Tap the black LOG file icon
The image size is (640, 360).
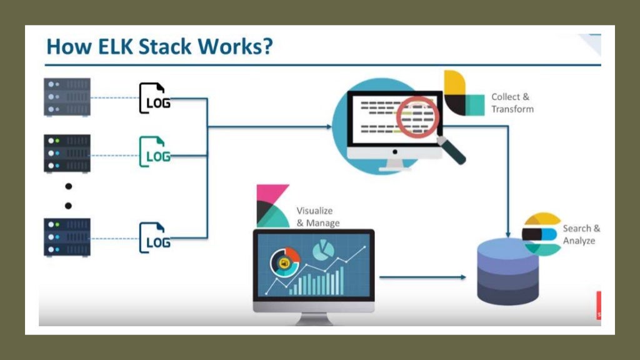coord(153,99)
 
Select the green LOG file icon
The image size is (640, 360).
coord(153,152)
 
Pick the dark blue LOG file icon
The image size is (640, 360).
coord(153,238)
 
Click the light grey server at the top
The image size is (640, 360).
coord(67,97)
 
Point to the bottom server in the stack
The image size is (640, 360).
coord(67,237)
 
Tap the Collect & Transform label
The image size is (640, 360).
coord(512,103)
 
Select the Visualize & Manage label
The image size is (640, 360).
coord(317,217)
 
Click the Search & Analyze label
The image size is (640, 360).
coord(581,234)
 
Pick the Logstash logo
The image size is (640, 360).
coord(462,93)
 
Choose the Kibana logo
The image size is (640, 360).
coord(272,204)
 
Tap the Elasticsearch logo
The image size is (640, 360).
coord(541,234)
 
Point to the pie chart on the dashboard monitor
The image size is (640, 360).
coord(322,251)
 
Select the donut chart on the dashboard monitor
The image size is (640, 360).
coord(285,261)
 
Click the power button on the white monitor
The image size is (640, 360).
coord(394,152)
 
